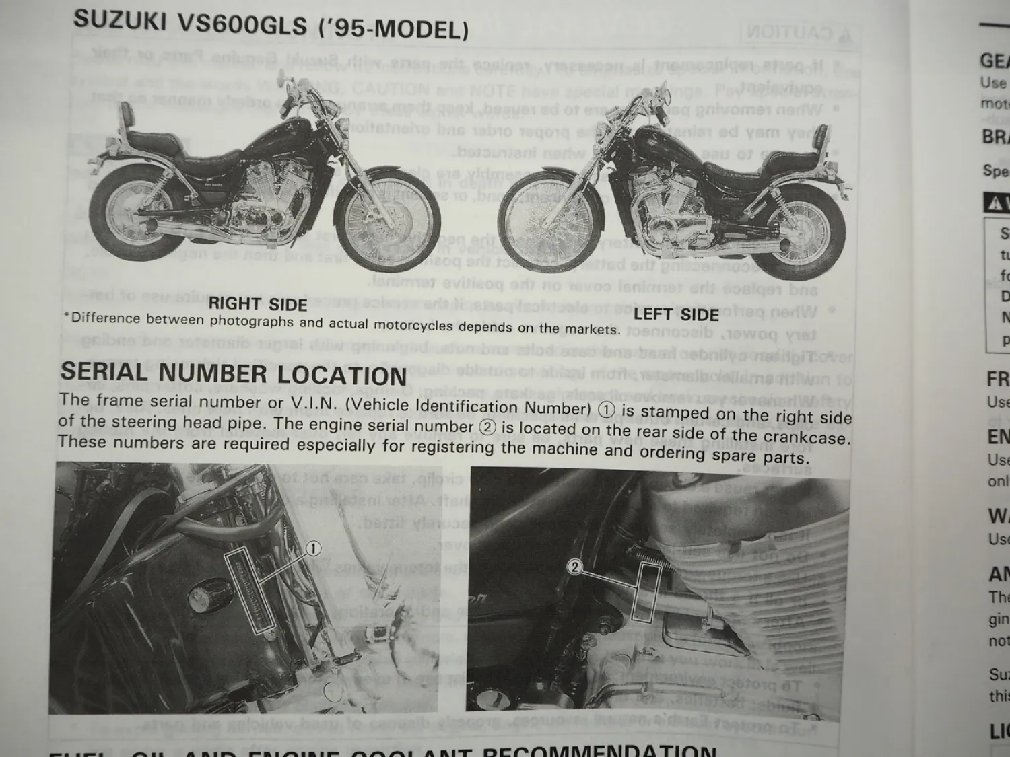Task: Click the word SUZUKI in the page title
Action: tap(119, 20)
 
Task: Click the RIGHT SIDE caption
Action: tap(258, 303)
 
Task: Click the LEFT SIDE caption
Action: tap(676, 314)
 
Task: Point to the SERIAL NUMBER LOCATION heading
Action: tap(234, 373)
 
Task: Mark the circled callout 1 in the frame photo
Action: tap(313, 549)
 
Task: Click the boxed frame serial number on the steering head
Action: tap(249, 585)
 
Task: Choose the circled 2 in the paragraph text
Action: tap(487, 427)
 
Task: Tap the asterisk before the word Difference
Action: tap(67, 316)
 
